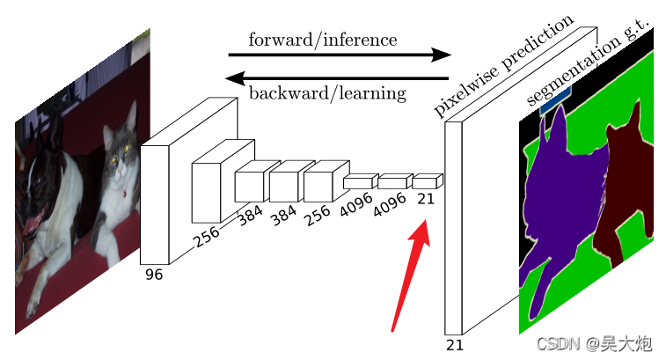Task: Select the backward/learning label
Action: pyautogui.click(x=327, y=92)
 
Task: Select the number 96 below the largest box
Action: pyautogui.click(x=154, y=274)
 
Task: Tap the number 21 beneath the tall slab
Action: pyautogui.click(x=454, y=344)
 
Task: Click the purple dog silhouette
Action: pyautogui.click(x=563, y=202)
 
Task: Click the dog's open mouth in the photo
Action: pyautogui.click(x=30, y=231)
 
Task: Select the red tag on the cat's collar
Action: pyautogui.click(x=127, y=193)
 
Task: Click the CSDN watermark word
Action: pyautogui.click(x=556, y=343)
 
